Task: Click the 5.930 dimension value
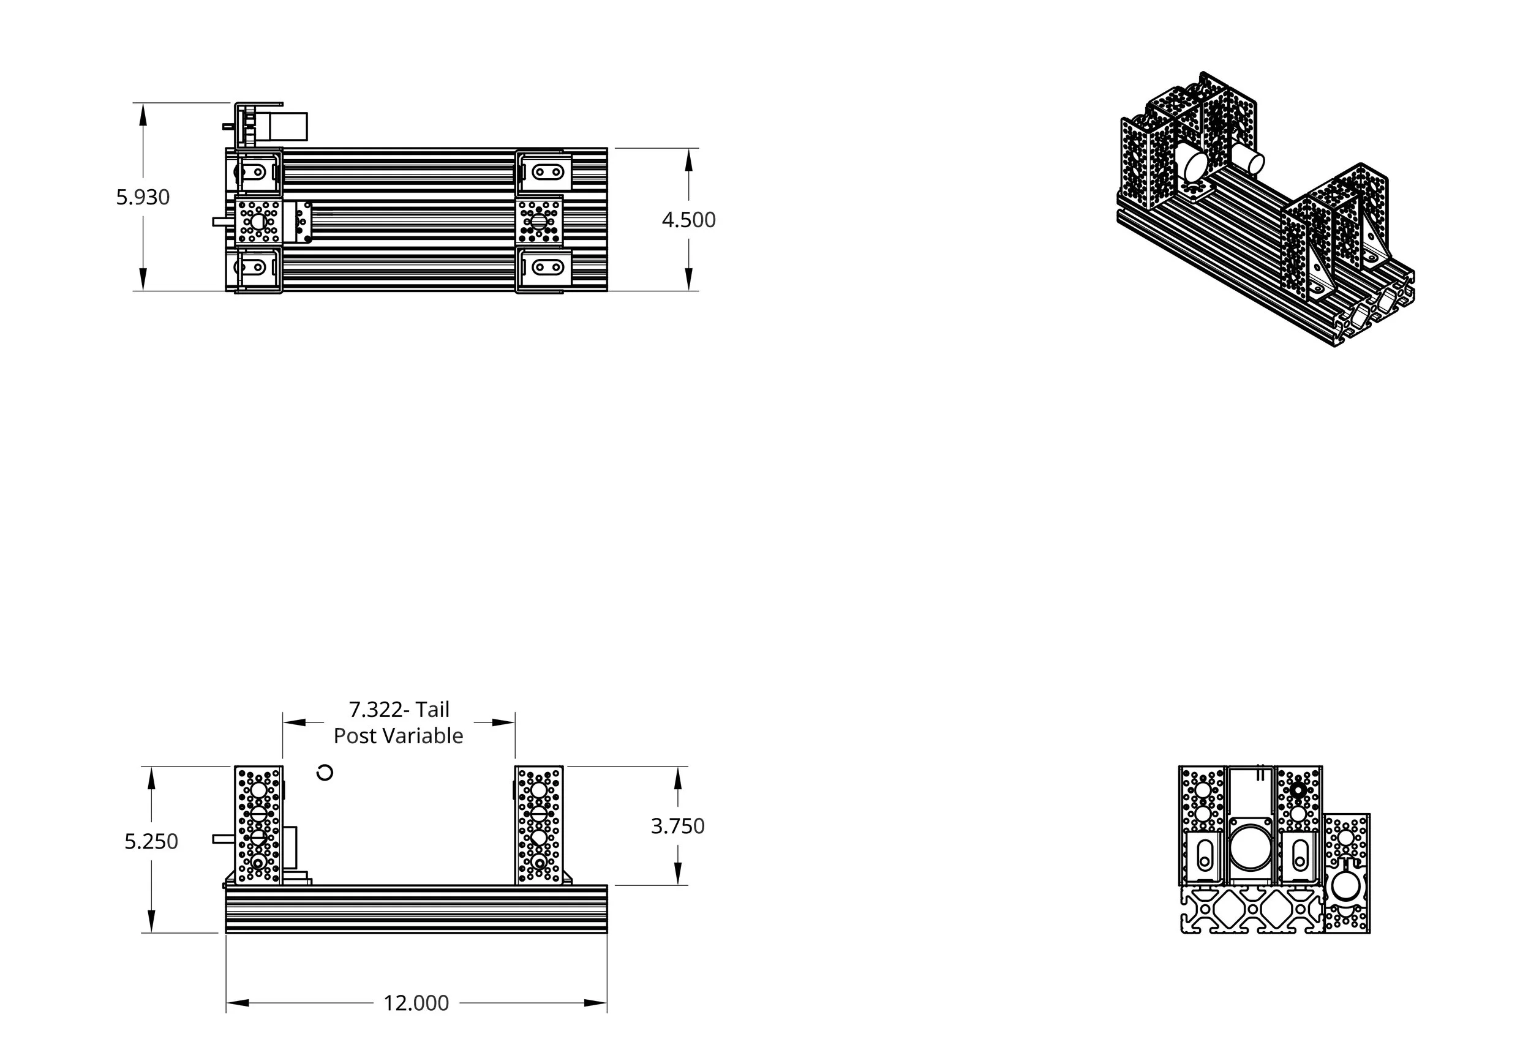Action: (143, 197)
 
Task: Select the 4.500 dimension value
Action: (688, 220)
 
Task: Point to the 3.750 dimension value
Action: (677, 826)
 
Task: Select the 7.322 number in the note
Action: (375, 710)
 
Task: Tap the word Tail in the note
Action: (433, 710)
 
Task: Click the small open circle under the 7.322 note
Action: (325, 773)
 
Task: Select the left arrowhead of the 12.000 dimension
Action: (238, 1002)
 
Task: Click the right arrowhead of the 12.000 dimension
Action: (596, 1002)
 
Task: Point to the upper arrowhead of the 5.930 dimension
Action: (143, 114)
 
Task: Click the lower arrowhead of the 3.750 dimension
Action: (677, 873)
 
